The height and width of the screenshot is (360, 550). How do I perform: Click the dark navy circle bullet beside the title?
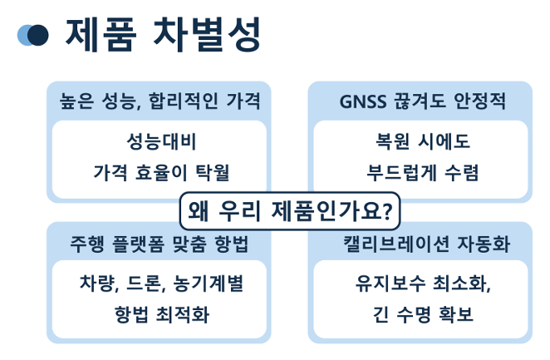pos(37,35)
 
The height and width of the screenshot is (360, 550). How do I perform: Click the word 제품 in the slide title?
pos(101,35)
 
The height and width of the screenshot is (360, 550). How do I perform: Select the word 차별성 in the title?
pos(208,35)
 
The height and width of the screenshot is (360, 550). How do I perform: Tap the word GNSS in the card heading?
pos(363,101)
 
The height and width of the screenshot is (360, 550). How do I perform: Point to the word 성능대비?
pos(161,141)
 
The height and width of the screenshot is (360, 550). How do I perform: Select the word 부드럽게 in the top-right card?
pos(402,173)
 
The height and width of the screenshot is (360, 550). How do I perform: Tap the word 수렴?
pos(461,173)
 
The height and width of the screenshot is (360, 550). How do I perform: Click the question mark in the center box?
pos(386,211)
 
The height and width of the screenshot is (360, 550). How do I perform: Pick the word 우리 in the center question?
pos(239,211)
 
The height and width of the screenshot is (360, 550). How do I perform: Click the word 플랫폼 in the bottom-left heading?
pos(138,244)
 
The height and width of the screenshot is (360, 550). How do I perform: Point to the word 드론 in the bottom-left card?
pos(144,284)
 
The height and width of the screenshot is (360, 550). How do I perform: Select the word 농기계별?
pos(209,284)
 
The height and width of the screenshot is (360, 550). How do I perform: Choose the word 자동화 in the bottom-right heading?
pos(484,244)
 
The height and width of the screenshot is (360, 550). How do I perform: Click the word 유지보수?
pos(390,284)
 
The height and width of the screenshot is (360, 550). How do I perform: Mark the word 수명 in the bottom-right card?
pos(414,314)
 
